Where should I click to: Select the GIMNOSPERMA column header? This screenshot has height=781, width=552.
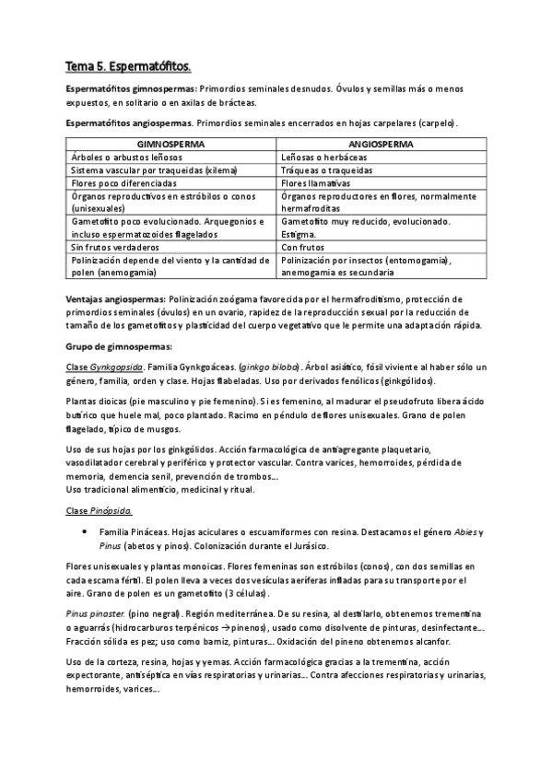pyautogui.click(x=171, y=145)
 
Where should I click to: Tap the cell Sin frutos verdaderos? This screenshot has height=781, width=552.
pyautogui.click(x=115, y=248)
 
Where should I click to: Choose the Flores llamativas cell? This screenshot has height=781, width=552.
pyautogui.click(x=318, y=183)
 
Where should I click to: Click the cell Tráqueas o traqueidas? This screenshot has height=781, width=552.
pyautogui.click(x=329, y=170)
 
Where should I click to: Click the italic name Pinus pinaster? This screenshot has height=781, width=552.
pyautogui.click(x=96, y=612)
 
